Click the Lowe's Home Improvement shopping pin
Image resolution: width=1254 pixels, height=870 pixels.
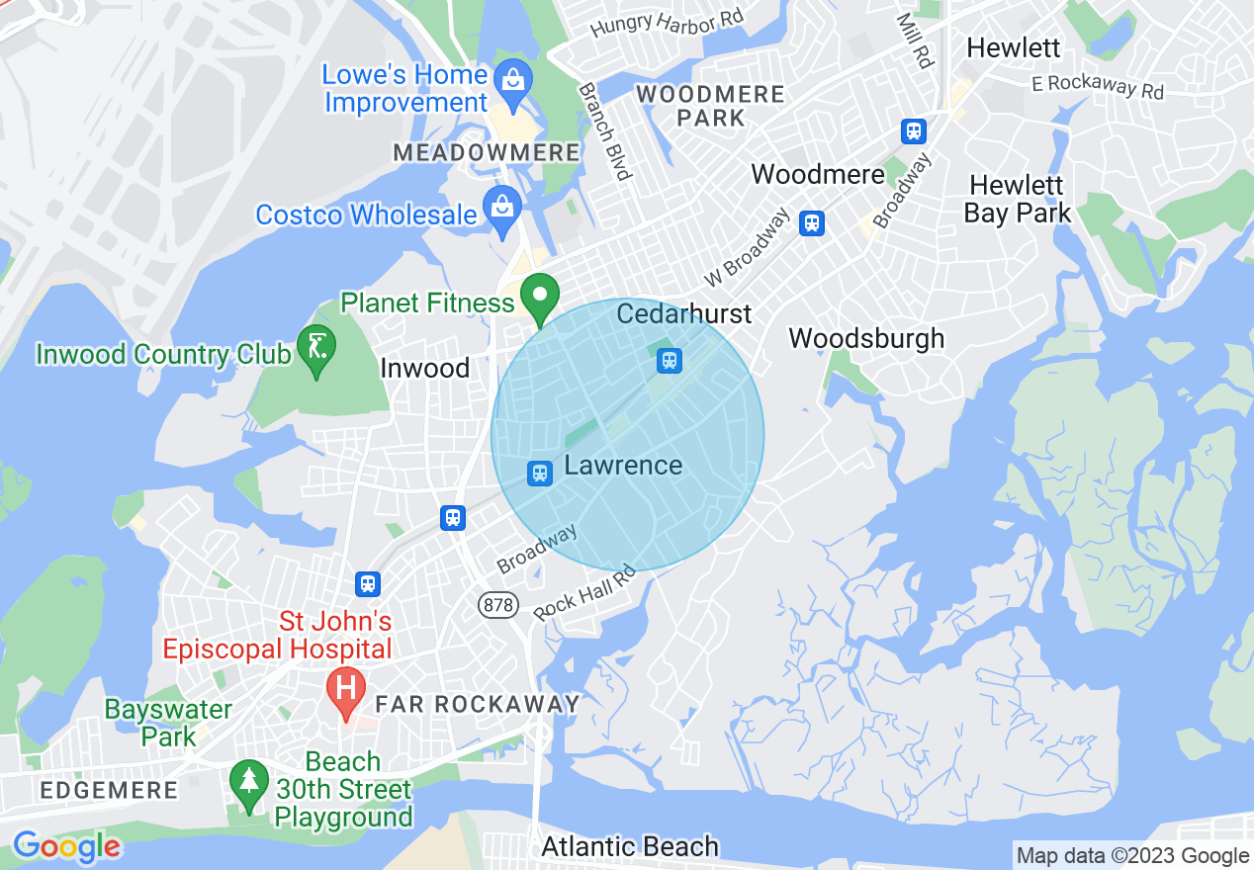point(513,77)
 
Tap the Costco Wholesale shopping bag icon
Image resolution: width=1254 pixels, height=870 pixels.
point(502,209)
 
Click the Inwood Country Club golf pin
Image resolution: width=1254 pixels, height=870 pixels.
point(316,348)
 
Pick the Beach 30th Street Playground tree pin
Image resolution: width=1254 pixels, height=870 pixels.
point(248,782)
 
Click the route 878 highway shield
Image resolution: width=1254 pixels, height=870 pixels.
point(498,604)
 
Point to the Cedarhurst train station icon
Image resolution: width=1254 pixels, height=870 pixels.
point(670,361)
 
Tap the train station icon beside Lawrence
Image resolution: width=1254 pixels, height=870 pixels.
point(540,473)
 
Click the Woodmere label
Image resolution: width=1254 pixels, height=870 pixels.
point(817,175)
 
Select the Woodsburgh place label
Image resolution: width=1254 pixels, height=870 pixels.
point(866,338)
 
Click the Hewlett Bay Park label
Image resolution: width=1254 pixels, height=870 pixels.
point(1018,199)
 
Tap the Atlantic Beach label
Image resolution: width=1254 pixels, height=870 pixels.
point(630,846)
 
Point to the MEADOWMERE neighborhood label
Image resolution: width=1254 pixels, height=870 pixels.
point(487,152)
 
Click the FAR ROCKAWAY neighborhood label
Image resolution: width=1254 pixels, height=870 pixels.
point(478,704)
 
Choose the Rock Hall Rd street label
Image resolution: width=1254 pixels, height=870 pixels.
point(583,592)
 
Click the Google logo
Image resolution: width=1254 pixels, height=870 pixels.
point(66,846)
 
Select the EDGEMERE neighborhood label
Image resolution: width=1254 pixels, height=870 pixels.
point(109,790)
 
